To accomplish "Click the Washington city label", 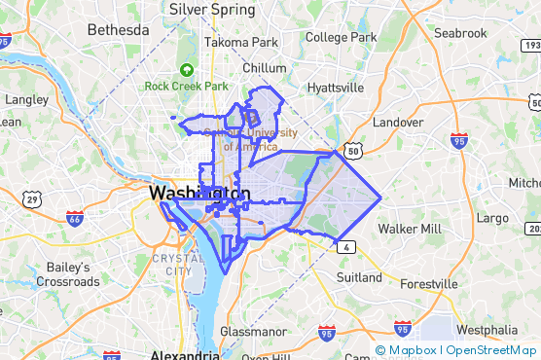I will tap(199, 195).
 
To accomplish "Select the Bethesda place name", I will tap(119, 30).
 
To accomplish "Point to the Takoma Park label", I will tap(240, 43).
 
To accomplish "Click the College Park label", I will tap(341, 37).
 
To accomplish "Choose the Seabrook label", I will tap(460, 33).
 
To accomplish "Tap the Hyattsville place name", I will tap(335, 88).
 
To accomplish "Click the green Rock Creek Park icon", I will tap(186, 69).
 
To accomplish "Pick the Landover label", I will tap(398, 123).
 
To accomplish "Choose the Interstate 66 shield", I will tap(75, 218).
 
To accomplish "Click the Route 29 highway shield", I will tap(33, 199).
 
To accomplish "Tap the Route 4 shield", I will tap(345, 246).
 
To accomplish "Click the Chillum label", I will tap(265, 68).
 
